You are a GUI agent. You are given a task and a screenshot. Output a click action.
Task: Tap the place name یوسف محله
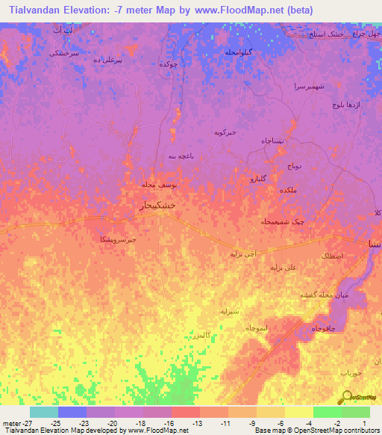(159, 183)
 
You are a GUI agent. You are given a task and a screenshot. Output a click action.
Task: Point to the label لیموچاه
(256, 327)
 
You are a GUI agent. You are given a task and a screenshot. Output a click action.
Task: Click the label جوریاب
(350, 371)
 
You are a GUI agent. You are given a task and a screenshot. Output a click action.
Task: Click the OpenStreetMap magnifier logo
(348, 396)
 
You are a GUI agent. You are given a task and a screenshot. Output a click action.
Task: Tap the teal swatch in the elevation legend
(43, 412)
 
